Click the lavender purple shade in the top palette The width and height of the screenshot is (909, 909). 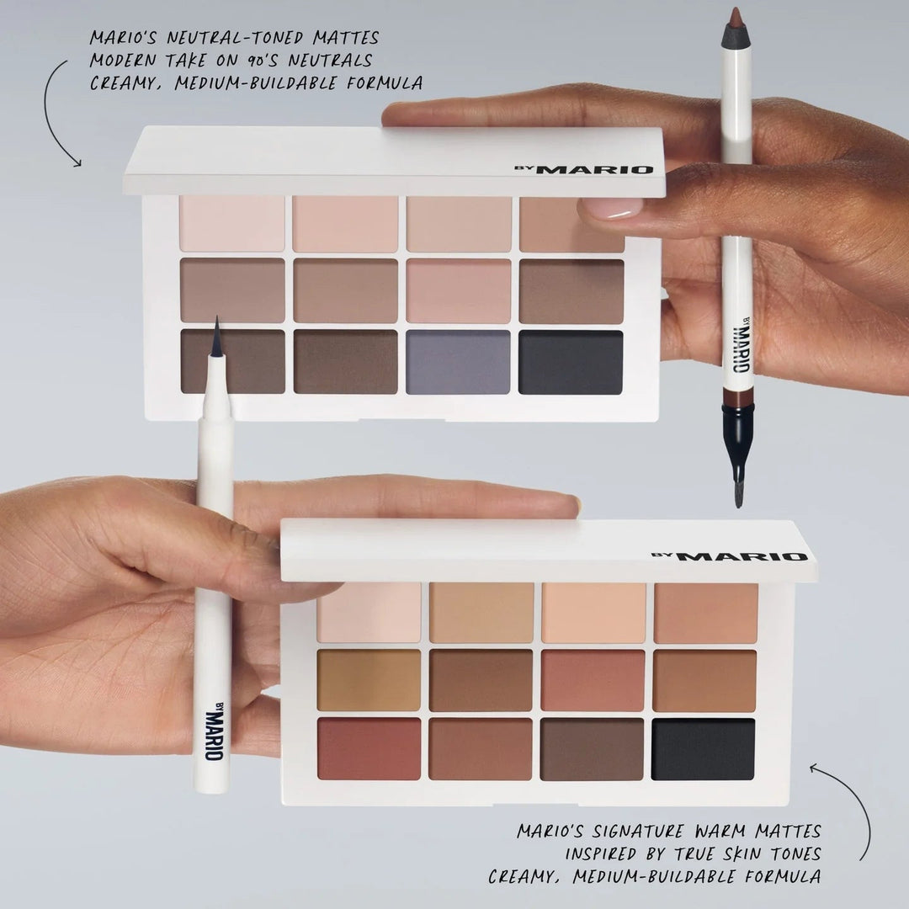point(458,362)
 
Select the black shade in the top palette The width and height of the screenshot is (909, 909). point(571,362)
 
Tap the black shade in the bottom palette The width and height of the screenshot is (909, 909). point(703,748)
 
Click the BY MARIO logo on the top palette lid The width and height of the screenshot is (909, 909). point(583,169)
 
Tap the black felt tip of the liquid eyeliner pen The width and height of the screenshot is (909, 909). point(216,338)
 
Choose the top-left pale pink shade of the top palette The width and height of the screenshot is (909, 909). point(231,224)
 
